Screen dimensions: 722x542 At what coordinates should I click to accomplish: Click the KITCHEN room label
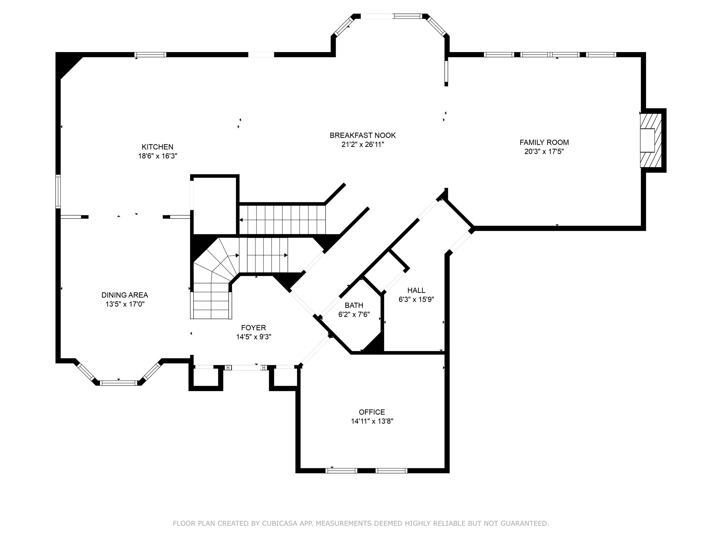(157, 147)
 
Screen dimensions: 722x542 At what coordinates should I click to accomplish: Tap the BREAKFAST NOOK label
(363, 135)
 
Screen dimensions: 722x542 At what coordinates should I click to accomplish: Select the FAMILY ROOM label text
(544, 142)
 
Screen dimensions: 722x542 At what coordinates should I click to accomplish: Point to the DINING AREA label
(125, 295)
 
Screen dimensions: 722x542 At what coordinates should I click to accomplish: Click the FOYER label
(254, 328)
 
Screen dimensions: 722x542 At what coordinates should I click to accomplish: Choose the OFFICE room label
(372, 412)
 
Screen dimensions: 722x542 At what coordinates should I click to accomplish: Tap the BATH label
(354, 305)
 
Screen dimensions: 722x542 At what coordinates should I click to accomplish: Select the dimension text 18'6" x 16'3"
(157, 156)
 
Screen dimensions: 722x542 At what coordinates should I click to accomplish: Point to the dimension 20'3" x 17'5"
(544, 152)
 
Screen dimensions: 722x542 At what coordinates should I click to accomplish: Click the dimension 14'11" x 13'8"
(372, 421)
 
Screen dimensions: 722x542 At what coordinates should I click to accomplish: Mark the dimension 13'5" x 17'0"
(125, 304)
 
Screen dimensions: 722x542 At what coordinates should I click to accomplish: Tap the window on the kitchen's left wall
(58, 192)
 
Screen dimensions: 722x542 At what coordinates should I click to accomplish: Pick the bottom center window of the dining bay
(118, 383)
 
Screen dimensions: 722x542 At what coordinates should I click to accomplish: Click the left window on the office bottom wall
(342, 471)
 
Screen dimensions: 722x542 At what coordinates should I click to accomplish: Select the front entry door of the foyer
(246, 368)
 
